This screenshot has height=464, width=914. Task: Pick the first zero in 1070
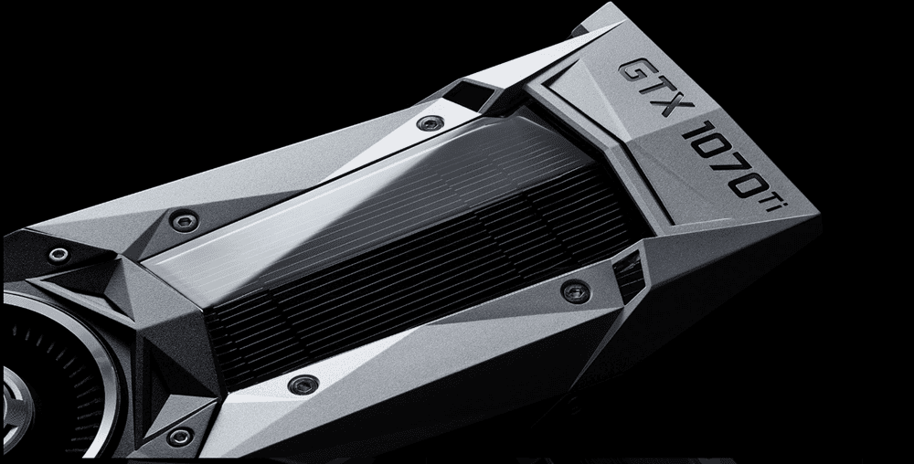coord(711,149)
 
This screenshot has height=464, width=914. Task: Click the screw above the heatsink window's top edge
coord(430,122)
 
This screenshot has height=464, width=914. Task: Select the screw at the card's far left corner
coord(58,255)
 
